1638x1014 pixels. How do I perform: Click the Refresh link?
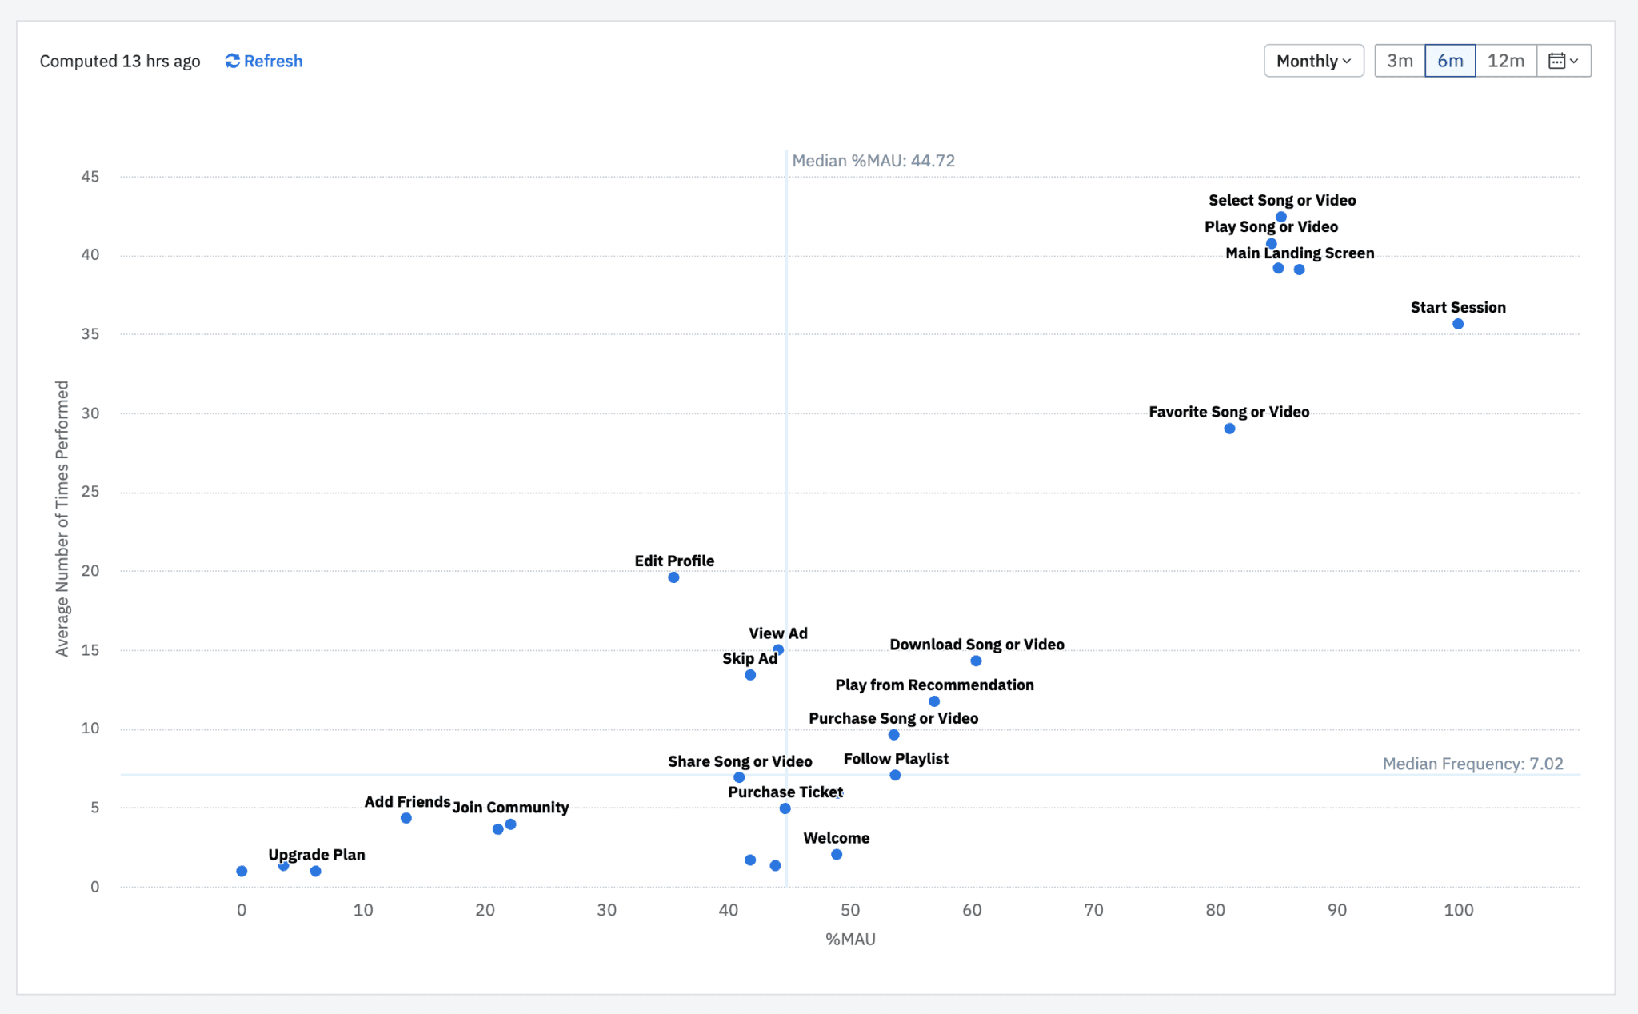pos(264,61)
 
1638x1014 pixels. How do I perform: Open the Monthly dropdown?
pos(1313,61)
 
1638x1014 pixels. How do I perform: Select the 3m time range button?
pos(1400,61)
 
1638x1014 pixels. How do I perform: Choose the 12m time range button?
pos(1505,61)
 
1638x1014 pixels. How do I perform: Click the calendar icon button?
pos(1564,61)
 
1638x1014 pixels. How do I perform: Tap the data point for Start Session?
pos(1458,324)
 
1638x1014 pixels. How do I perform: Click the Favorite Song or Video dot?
pos(1229,429)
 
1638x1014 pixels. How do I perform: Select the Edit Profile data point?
pos(673,577)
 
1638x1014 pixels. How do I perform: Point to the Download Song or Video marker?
pos(976,661)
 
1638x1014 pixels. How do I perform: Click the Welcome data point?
pos(837,854)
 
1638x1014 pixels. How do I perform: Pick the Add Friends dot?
pos(406,818)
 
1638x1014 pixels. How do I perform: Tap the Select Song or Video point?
pos(1281,217)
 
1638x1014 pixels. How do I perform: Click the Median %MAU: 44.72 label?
pos(873,160)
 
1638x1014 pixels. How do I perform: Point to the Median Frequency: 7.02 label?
pos(1472,763)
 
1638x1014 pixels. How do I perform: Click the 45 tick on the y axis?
pos(90,176)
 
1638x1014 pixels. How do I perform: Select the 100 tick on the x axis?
pos(1458,909)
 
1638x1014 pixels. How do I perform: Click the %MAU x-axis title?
pos(850,939)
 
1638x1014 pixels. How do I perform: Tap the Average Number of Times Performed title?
pos(62,518)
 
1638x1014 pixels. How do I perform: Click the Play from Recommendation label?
pos(934,685)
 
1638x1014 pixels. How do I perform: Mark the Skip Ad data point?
pos(750,675)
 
